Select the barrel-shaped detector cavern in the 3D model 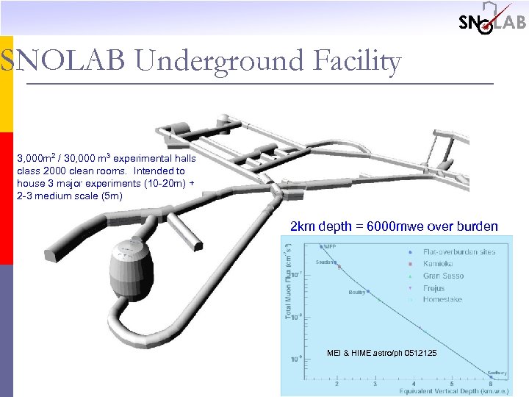point(130,266)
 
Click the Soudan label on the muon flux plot point(326,262)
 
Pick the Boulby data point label point(356,293)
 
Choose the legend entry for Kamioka point(439,264)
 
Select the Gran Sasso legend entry point(443,276)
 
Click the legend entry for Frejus point(434,288)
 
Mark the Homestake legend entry point(443,300)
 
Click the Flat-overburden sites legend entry point(458,251)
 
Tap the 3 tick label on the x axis point(375,384)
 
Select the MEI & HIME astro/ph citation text point(381,354)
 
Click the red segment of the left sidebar point(6,198)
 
